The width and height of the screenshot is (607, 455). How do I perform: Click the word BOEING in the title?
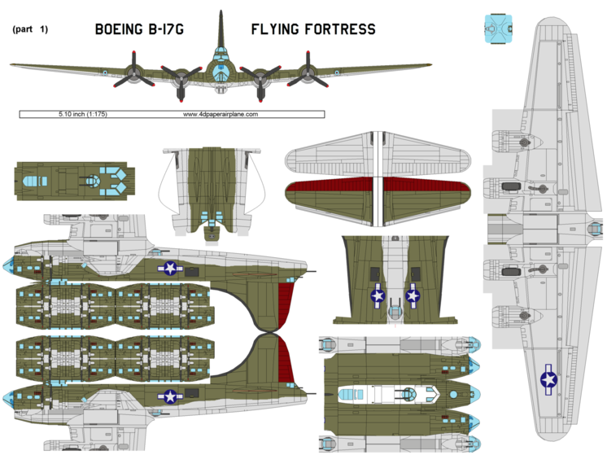(x=120, y=30)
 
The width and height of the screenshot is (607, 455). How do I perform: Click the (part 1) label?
(x=31, y=29)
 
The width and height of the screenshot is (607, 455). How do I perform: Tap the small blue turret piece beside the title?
(x=500, y=28)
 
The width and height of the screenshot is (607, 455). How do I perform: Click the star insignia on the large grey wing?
(x=548, y=378)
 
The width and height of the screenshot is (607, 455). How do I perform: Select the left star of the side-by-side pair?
(x=378, y=297)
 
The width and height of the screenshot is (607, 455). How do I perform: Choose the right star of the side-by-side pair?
(x=413, y=296)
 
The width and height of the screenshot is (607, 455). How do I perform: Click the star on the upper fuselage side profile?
(x=169, y=268)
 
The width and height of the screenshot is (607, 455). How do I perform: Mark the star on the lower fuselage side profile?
(x=169, y=396)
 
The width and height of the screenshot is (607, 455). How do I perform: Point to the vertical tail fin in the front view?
(x=221, y=28)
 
